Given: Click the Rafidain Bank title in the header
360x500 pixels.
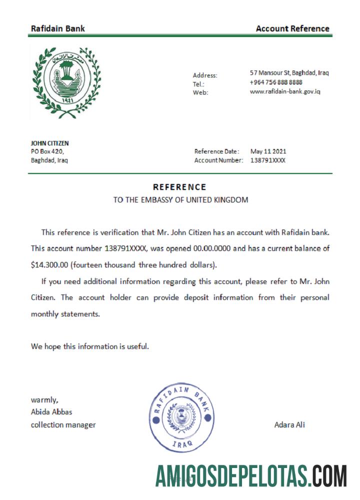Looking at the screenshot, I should (57, 28).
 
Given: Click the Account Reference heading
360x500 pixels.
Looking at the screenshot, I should (292, 28).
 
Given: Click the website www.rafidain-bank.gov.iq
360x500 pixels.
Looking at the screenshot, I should (285, 91).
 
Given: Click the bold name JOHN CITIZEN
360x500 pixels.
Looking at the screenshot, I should (50, 143).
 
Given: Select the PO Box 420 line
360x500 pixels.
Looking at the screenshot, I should (47, 151).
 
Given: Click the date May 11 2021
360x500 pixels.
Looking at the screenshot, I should (268, 151).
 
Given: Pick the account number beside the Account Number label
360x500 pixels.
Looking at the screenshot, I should (268, 160).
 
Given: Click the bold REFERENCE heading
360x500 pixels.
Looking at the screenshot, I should (179, 187).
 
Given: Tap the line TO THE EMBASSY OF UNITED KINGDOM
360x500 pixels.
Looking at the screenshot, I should (180, 200).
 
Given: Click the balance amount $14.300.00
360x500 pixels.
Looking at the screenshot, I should (49, 264).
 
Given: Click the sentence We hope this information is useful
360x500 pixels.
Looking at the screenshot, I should (90, 346).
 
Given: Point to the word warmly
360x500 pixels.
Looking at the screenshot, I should (44, 399).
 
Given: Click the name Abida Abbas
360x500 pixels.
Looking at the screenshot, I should (51, 412).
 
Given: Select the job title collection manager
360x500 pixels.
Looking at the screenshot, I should (63, 425).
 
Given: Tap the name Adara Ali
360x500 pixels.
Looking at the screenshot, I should (289, 425).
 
